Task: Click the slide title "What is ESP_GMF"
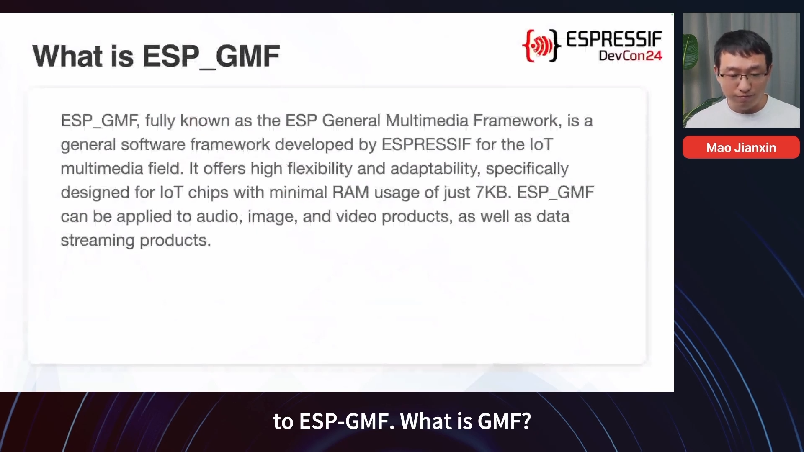(156, 56)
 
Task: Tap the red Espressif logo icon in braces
(541, 46)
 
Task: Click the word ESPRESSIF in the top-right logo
(614, 39)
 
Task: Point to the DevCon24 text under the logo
(630, 56)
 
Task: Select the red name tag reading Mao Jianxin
(741, 147)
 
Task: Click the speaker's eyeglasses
(743, 76)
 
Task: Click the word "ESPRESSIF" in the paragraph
(426, 145)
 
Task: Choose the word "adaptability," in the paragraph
(435, 169)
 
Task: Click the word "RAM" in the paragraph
(350, 193)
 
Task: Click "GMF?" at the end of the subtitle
(504, 421)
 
